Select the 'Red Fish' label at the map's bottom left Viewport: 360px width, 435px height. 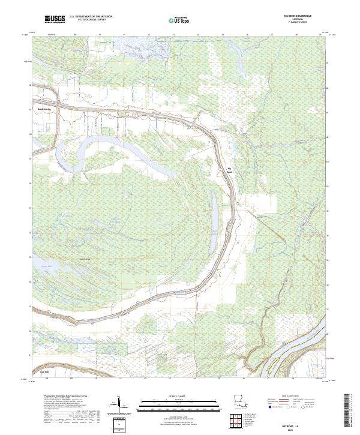[44, 372]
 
